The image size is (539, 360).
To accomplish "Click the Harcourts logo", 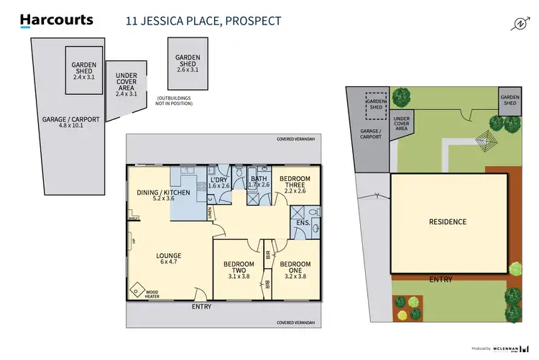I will (x=56, y=20).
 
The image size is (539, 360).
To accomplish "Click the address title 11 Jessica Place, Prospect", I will (x=203, y=20).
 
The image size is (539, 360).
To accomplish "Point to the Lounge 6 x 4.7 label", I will (x=169, y=259).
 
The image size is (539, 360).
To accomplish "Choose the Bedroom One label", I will (x=295, y=267).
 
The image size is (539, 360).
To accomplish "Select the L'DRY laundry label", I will (x=218, y=183).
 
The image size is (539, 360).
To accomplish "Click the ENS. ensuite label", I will (x=303, y=223).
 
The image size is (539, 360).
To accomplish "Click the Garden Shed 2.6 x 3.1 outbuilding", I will (x=188, y=63).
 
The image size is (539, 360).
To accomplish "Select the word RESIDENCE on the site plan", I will (x=447, y=222).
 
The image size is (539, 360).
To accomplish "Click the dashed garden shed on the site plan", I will (x=375, y=106).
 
